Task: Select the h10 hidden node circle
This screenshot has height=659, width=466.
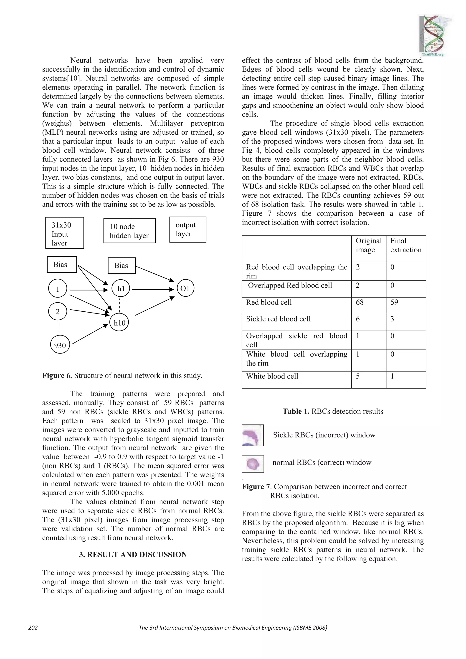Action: pos(119,323)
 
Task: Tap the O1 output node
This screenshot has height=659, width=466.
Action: pos(185,288)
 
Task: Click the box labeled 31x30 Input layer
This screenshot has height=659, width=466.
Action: pos(65,233)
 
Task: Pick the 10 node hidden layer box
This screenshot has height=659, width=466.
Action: pos(129,231)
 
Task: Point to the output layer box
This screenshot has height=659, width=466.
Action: pos(187,229)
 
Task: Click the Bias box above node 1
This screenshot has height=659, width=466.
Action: pos(62,264)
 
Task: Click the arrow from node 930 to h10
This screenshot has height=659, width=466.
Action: pos(89,334)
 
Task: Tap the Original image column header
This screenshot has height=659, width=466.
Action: pos(368,245)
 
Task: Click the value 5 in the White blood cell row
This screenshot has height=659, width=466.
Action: pos(358,376)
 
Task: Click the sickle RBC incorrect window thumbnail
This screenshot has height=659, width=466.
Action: pos(253,435)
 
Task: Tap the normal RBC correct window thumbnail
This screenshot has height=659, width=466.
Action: pos(253,464)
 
